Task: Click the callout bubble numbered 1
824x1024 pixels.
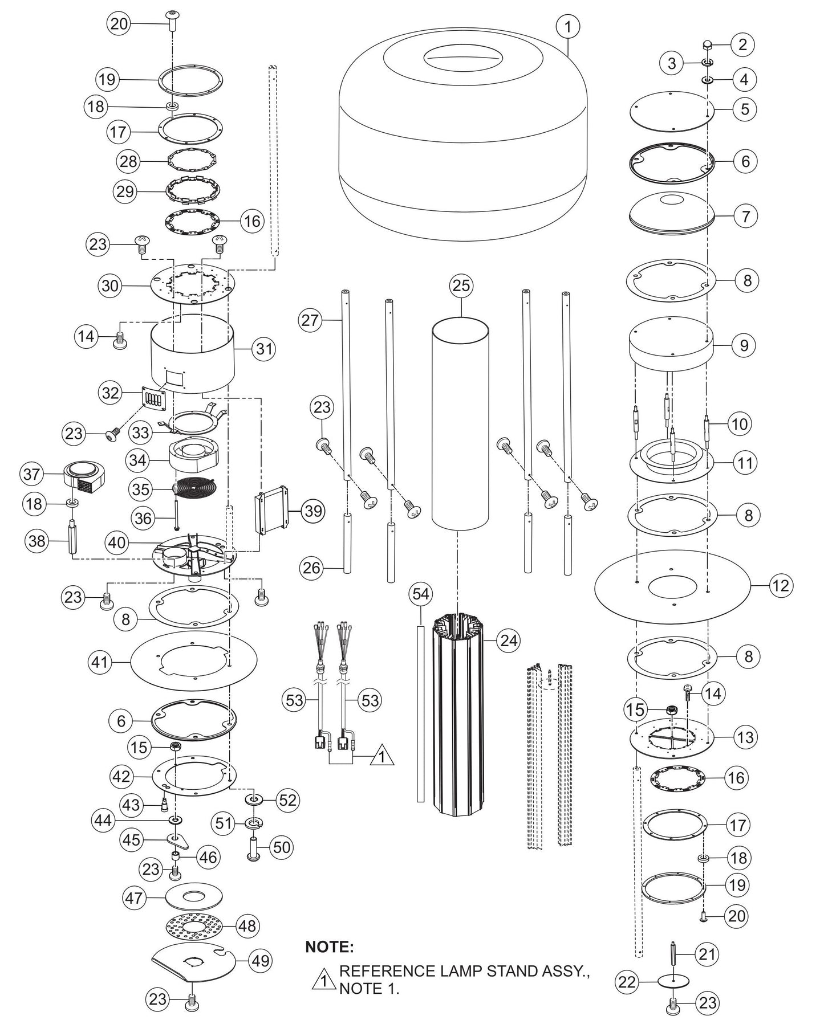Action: tap(568, 26)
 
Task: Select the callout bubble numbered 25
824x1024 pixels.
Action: tap(461, 285)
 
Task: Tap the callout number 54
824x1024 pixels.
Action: tap(421, 595)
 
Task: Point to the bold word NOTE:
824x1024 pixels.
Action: tap(330, 947)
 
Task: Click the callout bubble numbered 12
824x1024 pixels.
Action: tap(780, 586)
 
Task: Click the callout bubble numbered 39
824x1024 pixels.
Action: tap(313, 511)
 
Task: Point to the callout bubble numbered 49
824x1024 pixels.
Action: tap(260, 961)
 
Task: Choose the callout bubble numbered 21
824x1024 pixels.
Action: tap(707, 954)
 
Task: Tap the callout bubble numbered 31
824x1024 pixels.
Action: tap(264, 348)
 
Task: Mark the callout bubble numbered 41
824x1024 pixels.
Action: tap(100, 662)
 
